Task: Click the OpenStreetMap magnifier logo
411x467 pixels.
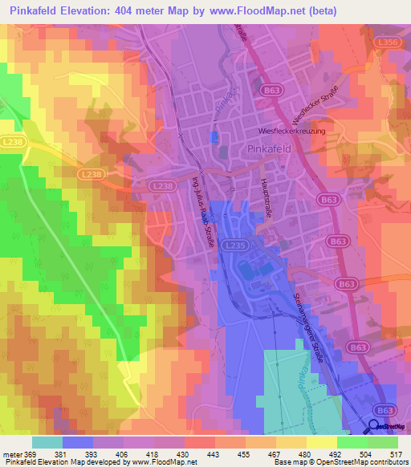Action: pyautogui.click(x=375, y=428)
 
